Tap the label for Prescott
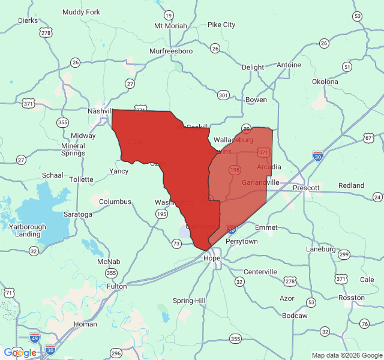coord(306,188)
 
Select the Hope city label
coord(212,258)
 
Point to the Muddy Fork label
coord(81,12)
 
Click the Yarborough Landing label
coord(28,230)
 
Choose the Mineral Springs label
coord(73,149)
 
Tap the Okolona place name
coord(325,82)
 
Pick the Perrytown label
coord(241,241)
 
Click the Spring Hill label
coord(189,300)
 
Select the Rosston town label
coord(351,298)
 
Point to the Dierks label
coord(28,20)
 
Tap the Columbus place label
coord(115,202)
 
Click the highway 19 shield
coord(169,15)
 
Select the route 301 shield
coord(223,95)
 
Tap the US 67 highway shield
coord(368,138)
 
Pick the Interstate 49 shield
coord(35,338)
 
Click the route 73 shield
coord(176,244)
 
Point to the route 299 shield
coord(344,254)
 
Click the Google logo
coord(20,353)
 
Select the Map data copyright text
coord(346,355)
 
